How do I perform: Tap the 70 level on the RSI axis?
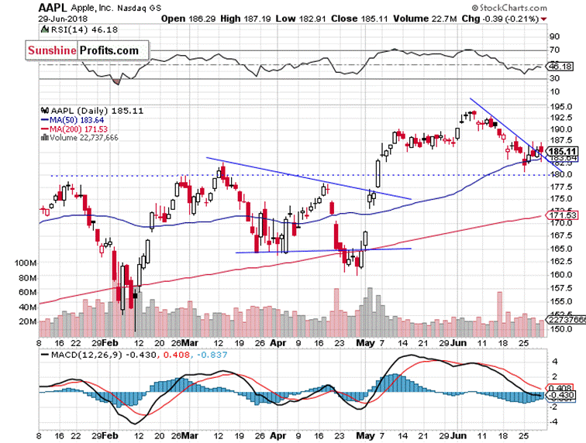pos(555,50)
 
